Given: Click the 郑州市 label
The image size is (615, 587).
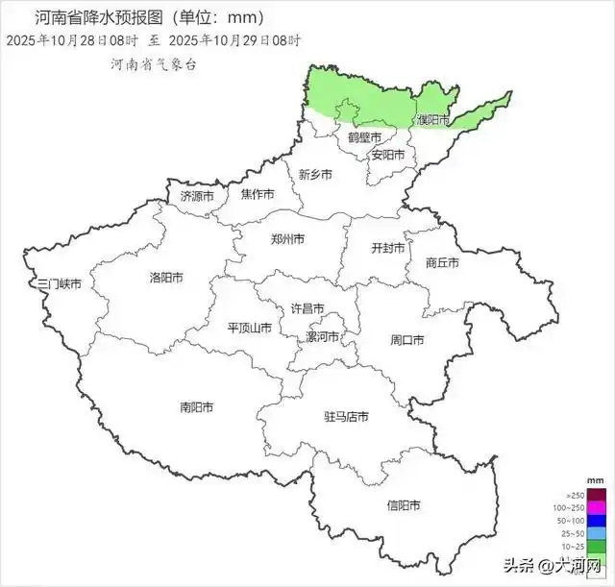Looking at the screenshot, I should click(x=287, y=238).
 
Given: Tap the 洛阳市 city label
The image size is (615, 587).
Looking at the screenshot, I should click(x=166, y=278).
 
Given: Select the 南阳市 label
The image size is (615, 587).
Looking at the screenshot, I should click(x=197, y=406).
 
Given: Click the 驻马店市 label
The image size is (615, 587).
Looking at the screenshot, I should click(x=346, y=417).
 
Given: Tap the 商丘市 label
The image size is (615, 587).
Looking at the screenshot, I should click(x=442, y=262).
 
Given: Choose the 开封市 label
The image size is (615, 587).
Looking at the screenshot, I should click(x=388, y=247).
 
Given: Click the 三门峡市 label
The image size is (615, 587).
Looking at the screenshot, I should click(x=59, y=284).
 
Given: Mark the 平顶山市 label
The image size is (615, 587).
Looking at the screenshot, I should click(x=251, y=327).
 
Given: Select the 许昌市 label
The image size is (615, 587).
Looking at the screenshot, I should click(x=307, y=308).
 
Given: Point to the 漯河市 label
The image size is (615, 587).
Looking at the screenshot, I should click(x=323, y=337).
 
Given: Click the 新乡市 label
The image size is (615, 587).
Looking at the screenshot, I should click(x=315, y=175).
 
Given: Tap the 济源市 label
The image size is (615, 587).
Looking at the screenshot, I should click(x=199, y=195).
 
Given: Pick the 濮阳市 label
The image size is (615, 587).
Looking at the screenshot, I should click(x=432, y=120).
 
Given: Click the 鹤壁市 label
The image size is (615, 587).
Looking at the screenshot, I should click(x=364, y=137).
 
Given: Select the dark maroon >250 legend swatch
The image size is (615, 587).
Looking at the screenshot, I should click(x=596, y=495).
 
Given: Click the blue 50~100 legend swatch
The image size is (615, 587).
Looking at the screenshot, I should click(x=596, y=520).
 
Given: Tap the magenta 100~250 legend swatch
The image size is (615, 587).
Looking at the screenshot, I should click(x=596, y=507).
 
